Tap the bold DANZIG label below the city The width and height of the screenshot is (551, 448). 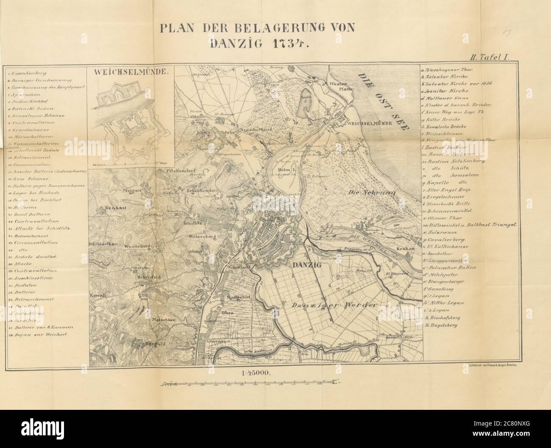point(305,265)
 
